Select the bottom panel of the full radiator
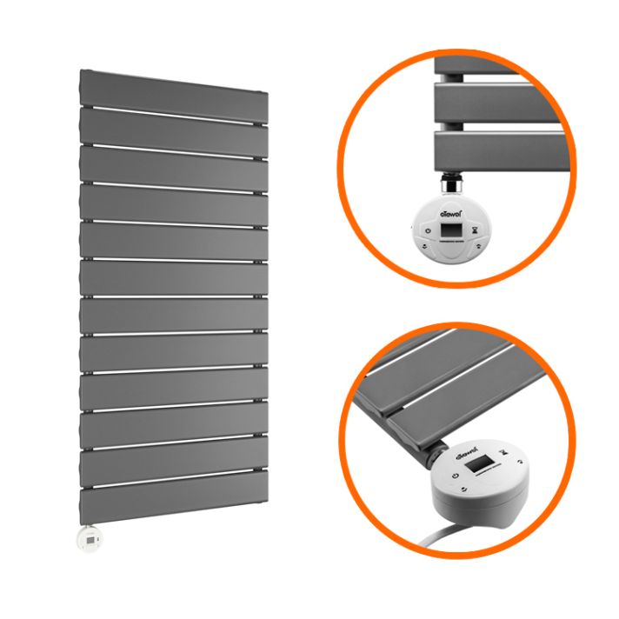tap(174, 503)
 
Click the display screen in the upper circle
tap(449, 231)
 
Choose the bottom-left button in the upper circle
tap(424, 246)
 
